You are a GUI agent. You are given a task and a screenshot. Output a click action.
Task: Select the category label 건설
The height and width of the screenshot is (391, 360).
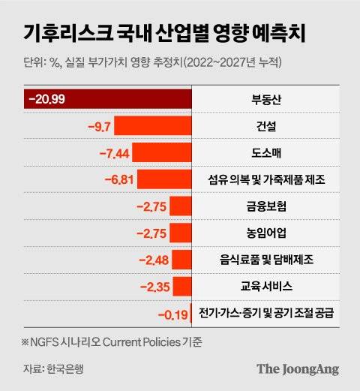pyautogui.click(x=266, y=125)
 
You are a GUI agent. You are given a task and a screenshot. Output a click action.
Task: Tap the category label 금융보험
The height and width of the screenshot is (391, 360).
pyautogui.click(x=266, y=206)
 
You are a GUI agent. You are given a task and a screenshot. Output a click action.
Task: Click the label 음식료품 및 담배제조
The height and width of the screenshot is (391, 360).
pyautogui.click(x=266, y=260)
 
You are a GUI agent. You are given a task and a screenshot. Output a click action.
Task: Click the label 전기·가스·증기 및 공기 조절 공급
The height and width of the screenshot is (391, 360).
pyautogui.click(x=266, y=313)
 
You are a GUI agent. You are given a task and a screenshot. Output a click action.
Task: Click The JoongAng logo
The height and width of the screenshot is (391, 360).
pyautogui.click(x=298, y=368)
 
